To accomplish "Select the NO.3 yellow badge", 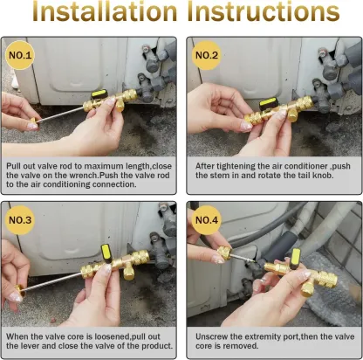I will (22, 220).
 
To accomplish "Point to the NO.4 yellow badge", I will (206, 220).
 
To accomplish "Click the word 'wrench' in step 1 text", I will (99, 175).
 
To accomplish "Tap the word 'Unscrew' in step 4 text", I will (212, 335).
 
